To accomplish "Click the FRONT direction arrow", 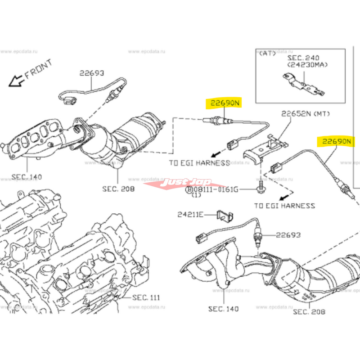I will coord(17,81).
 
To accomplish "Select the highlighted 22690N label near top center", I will coord(223,103).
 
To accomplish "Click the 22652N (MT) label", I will coord(306,114).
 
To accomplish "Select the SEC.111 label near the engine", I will coord(146,297).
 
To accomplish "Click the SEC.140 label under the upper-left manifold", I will coord(26,177).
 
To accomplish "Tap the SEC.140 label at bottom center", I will coord(223,309).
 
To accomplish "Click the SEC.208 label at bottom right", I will coord(309,311).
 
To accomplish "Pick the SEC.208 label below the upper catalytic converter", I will coord(119,189).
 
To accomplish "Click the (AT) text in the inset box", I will coord(268,53).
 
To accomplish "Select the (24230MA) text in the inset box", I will coord(308,65).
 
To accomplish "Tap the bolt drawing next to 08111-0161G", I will coord(261,186).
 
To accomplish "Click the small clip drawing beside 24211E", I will coord(223,216).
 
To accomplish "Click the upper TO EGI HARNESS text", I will coord(199,162).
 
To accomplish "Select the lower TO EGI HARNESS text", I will coord(284,206).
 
